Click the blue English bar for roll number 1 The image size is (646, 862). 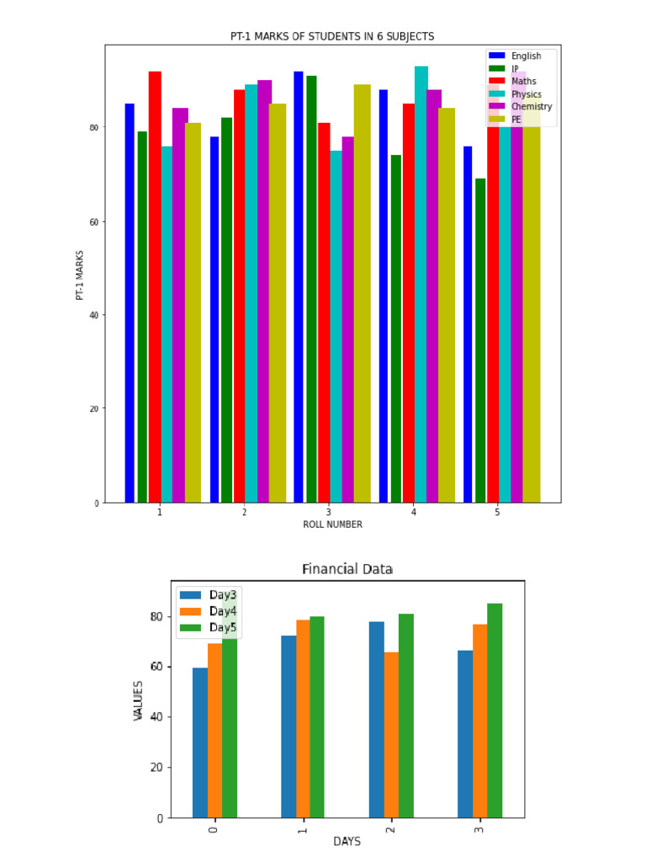[x=130, y=303]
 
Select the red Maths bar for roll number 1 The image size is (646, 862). [x=155, y=286]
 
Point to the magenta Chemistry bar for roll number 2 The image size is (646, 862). [x=264, y=290]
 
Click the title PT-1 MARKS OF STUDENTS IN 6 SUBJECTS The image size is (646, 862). [x=332, y=36]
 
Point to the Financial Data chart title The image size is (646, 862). [x=347, y=570]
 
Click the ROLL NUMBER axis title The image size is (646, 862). [x=332, y=524]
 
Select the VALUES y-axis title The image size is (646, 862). [x=138, y=700]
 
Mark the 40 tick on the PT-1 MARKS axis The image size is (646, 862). [x=93, y=316]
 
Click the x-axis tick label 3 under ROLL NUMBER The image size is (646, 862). [x=328, y=512]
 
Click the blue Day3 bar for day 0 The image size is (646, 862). [x=199, y=742]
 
